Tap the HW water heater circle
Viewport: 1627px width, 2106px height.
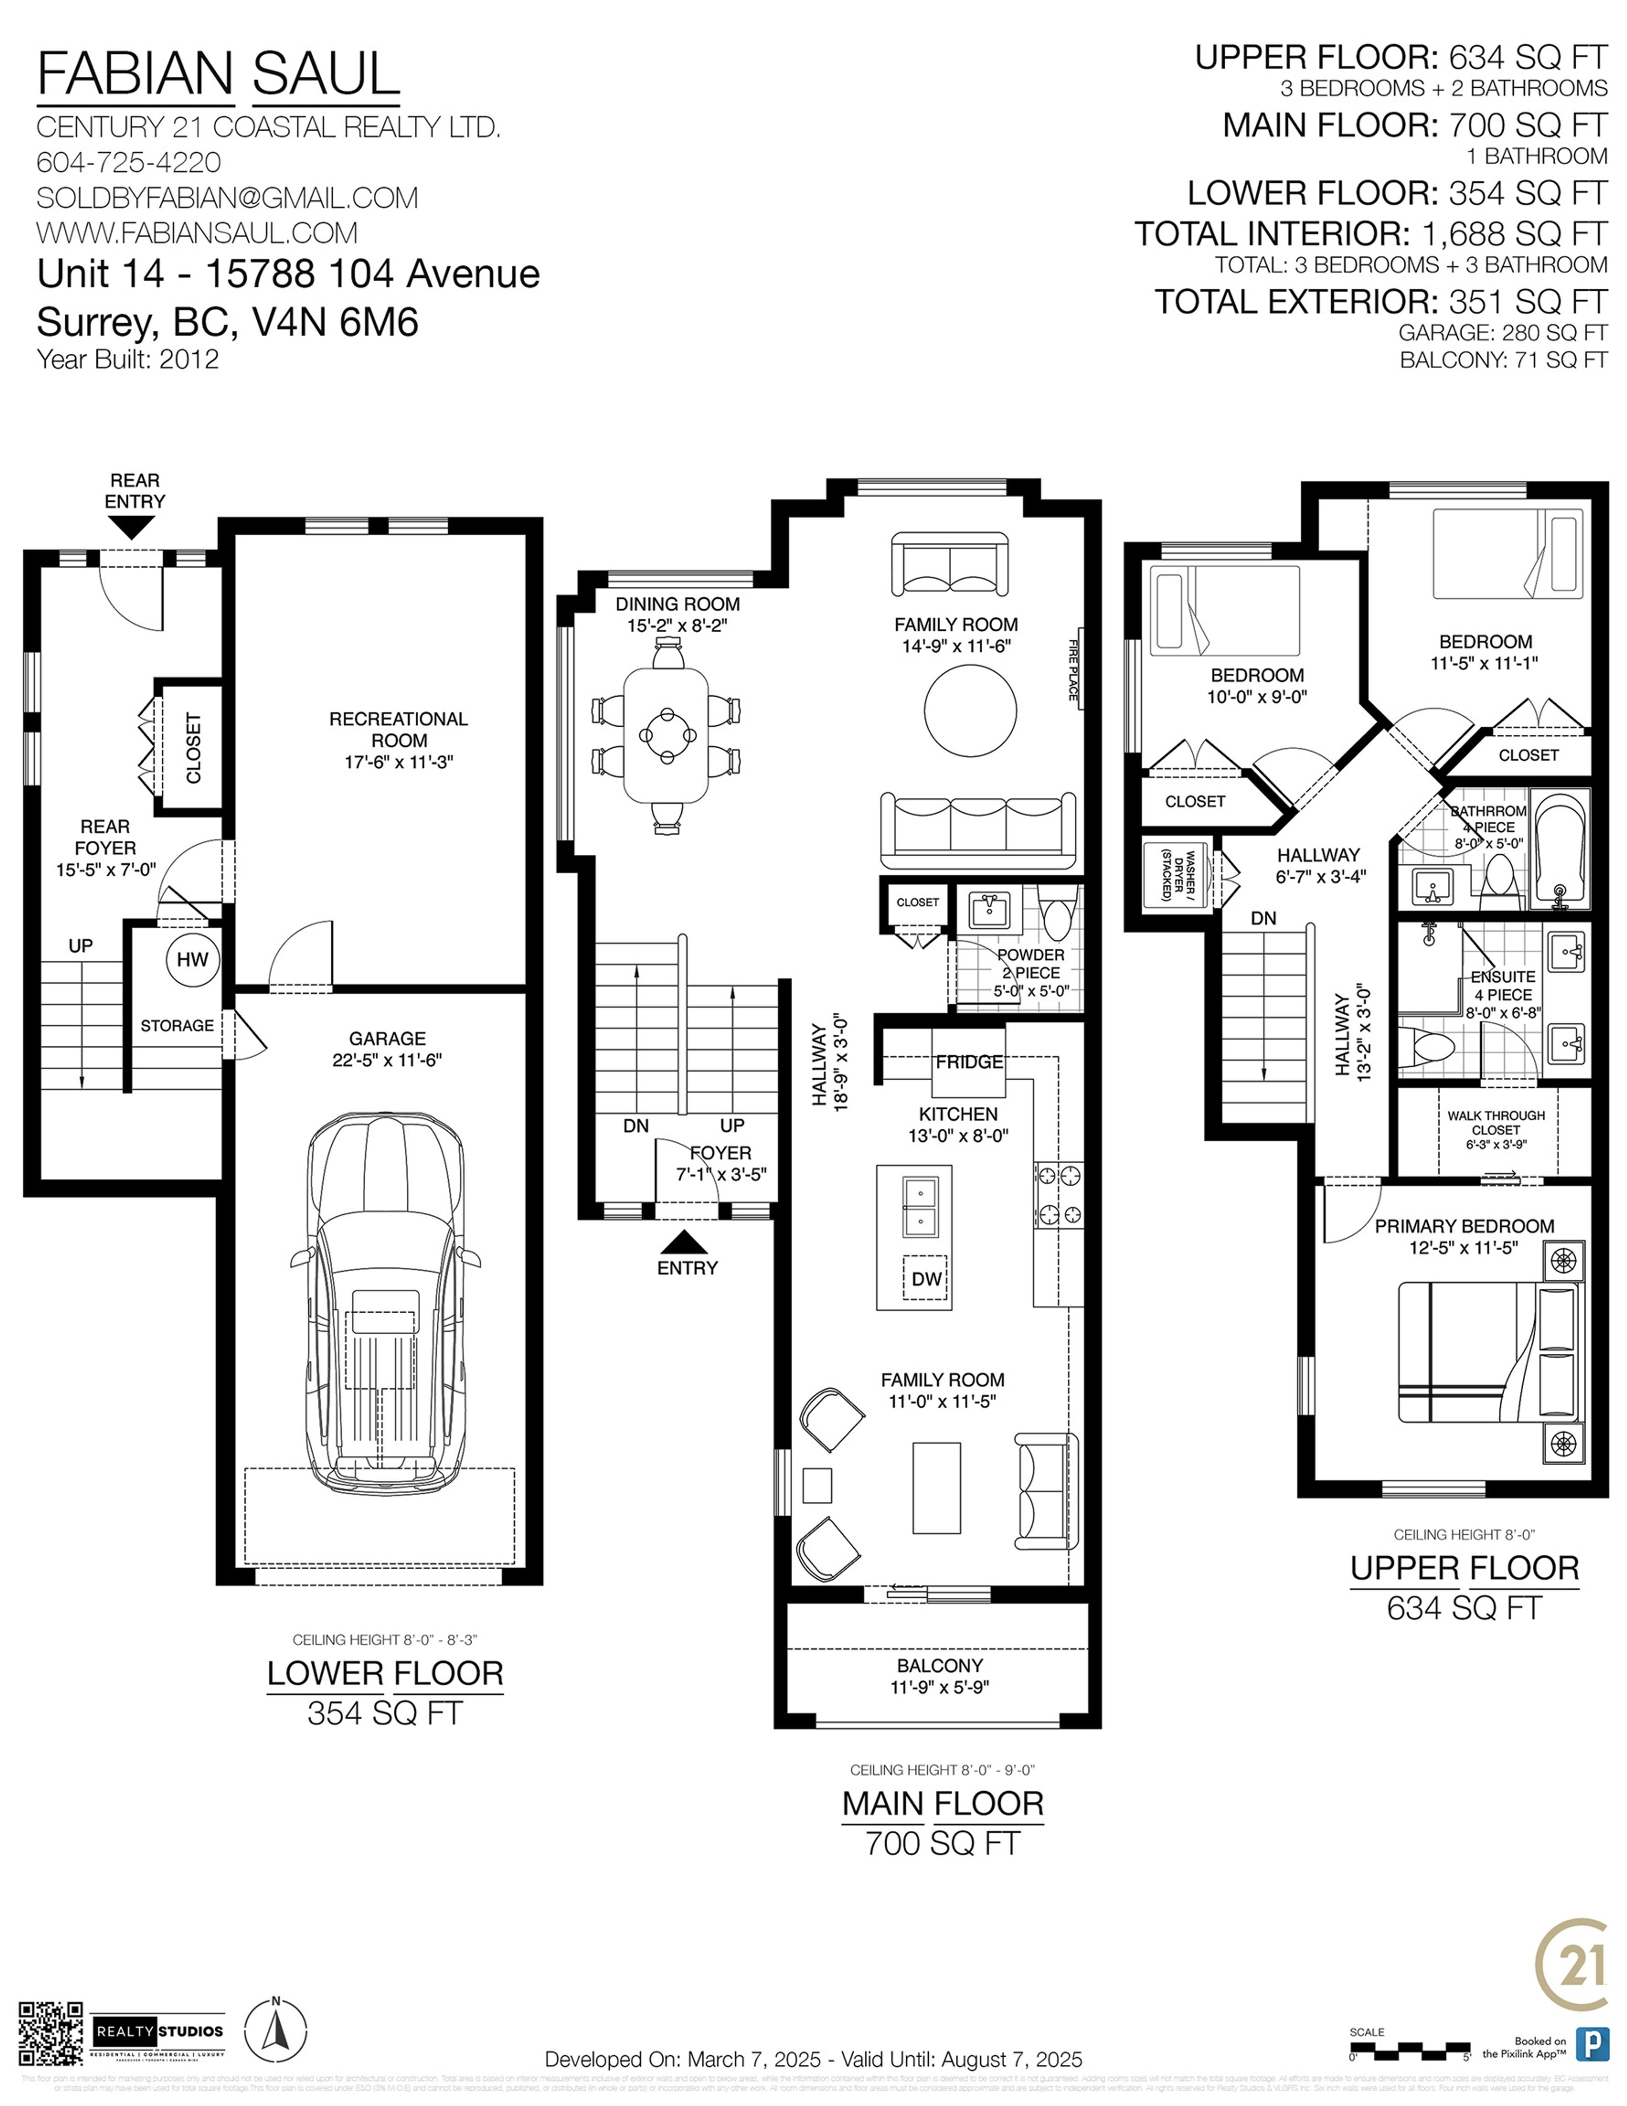click(x=192, y=959)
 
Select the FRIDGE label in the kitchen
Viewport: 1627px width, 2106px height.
click(x=968, y=1061)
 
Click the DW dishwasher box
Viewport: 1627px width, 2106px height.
click(x=925, y=1279)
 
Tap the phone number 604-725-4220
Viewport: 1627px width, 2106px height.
click(x=128, y=162)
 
